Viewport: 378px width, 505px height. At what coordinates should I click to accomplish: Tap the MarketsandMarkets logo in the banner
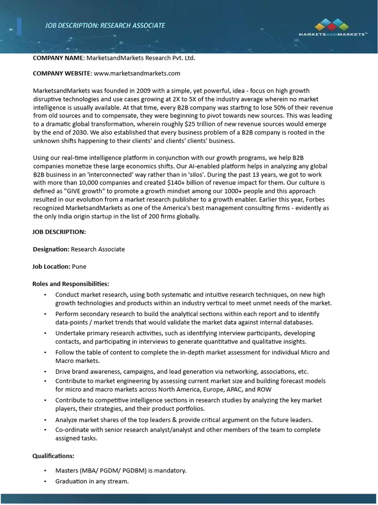(333, 27)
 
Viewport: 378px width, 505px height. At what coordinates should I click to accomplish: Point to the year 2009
(140, 91)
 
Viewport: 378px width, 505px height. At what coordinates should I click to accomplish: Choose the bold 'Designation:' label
(51, 249)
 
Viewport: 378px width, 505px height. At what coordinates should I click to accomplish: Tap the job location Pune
(79, 266)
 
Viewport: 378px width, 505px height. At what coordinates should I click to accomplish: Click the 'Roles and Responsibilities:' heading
(71, 284)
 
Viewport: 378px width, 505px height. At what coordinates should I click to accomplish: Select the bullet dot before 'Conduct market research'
(45, 295)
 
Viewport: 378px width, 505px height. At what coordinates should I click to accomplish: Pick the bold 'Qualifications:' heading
(53, 456)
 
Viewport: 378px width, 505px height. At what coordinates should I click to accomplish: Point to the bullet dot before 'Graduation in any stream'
(45, 481)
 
